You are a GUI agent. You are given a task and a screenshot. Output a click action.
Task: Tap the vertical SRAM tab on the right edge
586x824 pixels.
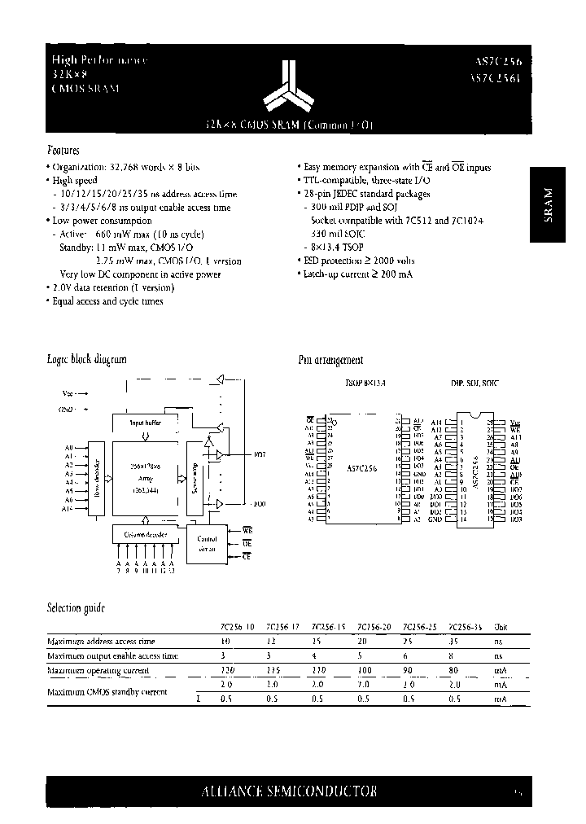click(x=548, y=204)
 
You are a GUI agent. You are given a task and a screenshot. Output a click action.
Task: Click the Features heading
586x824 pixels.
click(x=63, y=151)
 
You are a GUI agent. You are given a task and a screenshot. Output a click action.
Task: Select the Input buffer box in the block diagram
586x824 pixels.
click(x=146, y=423)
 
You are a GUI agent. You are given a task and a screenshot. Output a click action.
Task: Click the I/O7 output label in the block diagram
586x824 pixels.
click(x=260, y=453)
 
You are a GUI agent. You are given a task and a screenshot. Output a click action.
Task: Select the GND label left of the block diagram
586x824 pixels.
click(x=67, y=408)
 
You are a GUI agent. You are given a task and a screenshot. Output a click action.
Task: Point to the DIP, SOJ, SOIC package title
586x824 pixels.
click(x=475, y=381)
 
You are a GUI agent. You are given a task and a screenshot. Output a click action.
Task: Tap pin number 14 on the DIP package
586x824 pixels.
click(x=464, y=519)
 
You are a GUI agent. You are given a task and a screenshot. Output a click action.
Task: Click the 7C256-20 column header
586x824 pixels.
click(x=374, y=627)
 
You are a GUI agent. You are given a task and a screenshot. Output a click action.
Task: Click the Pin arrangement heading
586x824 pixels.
click(x=331, y=359)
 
